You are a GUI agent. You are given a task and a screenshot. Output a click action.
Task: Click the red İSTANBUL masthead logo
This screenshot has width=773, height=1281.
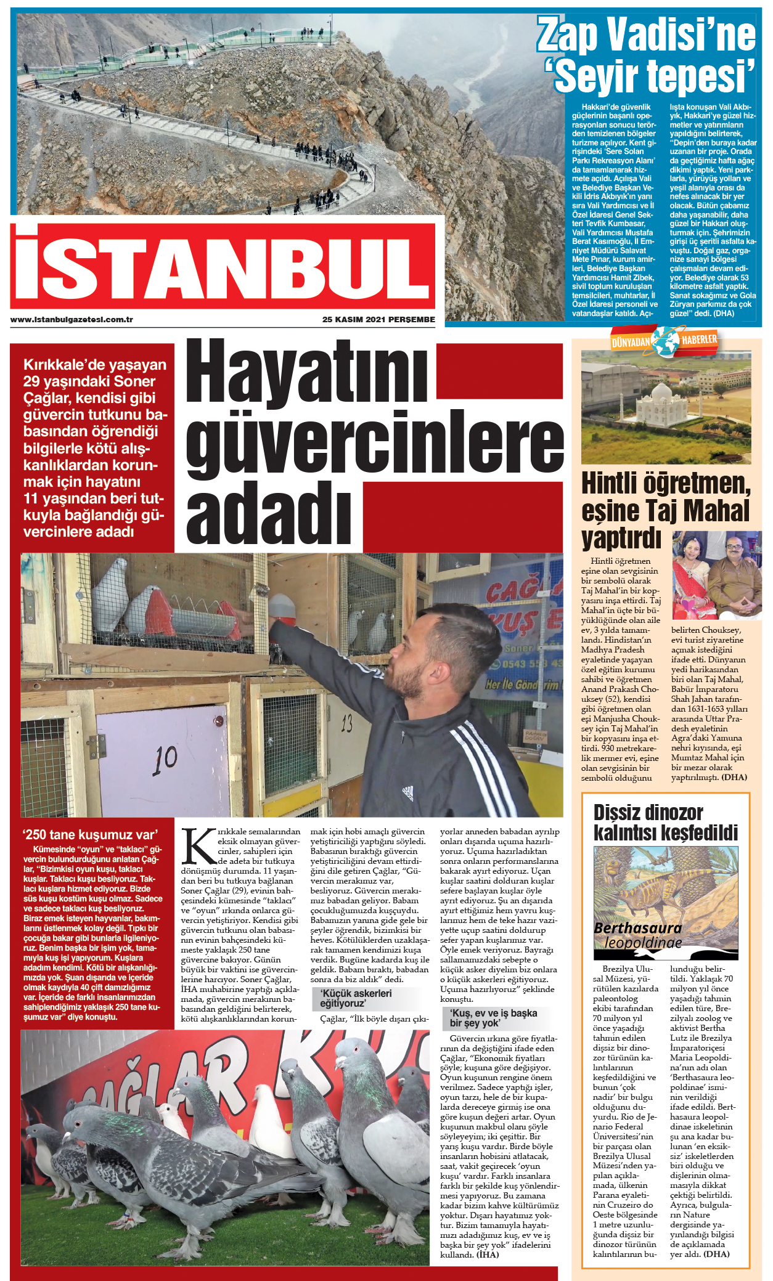(x=223, y=266)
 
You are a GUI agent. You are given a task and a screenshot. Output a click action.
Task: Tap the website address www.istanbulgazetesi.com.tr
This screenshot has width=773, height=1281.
(x=72, y=320)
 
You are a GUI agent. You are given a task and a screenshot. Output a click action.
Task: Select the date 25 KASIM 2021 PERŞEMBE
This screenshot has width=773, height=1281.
(x=378, y=320)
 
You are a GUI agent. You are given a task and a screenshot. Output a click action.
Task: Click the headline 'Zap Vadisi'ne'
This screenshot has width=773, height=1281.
(x=646, y=35)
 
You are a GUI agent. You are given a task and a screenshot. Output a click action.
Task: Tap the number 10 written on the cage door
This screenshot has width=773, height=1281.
(x=165, y=761)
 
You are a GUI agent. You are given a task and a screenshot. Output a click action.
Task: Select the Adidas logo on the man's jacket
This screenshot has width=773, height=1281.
(x=407, y=794)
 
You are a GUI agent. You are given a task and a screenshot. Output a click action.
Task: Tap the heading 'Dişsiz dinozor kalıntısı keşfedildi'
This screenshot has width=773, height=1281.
(x=665, y=823)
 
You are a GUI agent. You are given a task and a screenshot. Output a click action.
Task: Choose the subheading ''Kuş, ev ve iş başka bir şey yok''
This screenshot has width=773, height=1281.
(x=493, y=1018)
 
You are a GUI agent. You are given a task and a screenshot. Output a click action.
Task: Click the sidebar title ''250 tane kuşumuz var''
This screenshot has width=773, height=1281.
(x=90, y=835)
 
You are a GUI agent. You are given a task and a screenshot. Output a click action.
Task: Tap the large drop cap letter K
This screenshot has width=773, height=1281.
(x=198, y=846)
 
